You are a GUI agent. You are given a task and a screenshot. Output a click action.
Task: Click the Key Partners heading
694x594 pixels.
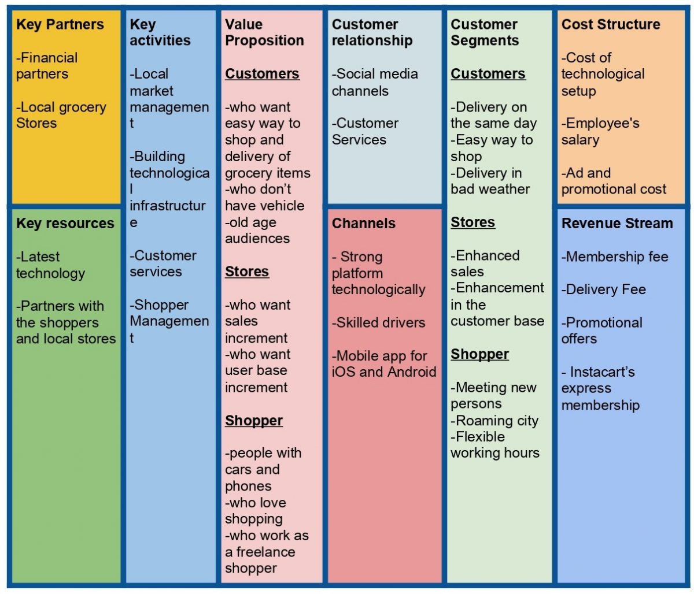(x=60, y=24)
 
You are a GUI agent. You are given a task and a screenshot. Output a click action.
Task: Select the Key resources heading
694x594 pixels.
(x=65, y=224)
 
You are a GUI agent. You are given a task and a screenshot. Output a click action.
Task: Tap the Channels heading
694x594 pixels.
(x=363, y=224)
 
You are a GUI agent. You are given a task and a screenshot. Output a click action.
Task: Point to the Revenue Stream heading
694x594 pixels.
(x=617, y=224)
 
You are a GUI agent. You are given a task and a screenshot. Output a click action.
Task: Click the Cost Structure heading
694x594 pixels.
(x=610, y=24)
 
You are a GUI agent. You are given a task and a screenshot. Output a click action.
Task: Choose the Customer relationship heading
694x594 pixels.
(x=372, y=32)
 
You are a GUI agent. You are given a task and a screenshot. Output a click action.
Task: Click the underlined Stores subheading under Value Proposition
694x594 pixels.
(x=247, y=272)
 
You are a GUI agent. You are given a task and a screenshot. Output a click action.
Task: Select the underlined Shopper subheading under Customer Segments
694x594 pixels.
(x=479, y=354)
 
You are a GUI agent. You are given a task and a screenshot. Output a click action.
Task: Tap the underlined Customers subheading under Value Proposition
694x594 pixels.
(x=262, y=74)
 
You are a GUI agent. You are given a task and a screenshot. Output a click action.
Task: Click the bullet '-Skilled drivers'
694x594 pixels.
(x=378, y=322)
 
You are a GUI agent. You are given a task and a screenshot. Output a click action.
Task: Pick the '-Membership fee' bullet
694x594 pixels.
(x=615, y=257)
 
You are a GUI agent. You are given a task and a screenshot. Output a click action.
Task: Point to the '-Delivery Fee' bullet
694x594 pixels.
(x=604, y=289)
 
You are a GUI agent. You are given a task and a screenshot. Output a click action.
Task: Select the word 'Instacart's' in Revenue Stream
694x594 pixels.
(x=603, y=372)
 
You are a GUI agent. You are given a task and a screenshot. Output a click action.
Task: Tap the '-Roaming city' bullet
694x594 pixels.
(x=494, y=421)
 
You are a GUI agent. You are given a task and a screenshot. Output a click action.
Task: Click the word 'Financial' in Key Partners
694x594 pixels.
(x=49, y=58)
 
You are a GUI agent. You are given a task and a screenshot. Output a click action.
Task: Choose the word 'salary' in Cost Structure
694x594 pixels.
(x=580, y=140)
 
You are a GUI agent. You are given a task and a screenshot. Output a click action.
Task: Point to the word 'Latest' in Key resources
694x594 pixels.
(x=40, y=257)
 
